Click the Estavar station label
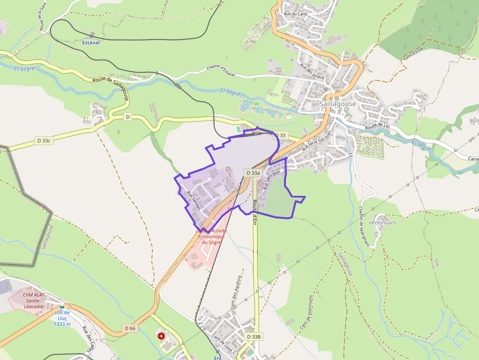coord(91,42)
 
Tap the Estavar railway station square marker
coord(91,36)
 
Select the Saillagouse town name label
coord(338,104)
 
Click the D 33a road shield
coord(253,173)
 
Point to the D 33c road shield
coord(43,141)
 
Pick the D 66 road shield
coord(130,328)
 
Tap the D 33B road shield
coord(254,337)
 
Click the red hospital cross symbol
coord(161,336)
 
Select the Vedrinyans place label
coord(383,222)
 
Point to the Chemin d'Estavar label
coord(221,71)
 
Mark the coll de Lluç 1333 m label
coord(62,318)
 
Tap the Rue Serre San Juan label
coord(317,139)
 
